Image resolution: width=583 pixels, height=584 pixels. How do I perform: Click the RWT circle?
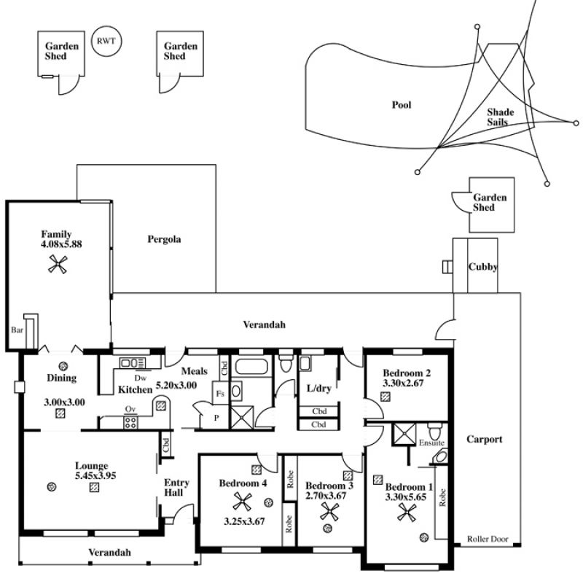(x=106, y=41)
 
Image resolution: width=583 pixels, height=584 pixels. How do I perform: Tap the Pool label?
(x=402, y=105)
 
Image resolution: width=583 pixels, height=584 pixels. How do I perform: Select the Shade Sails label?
(x=500, y=117)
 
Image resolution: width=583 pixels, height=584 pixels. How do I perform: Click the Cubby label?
(x=483, y=267)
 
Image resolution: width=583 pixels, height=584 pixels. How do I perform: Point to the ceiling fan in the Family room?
(x=58, y=264)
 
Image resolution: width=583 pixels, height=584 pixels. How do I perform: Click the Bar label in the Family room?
(x=17, y=330)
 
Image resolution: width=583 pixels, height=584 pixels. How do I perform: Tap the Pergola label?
(x=164, y=239)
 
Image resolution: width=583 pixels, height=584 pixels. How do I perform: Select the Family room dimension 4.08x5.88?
(x=61, y=244)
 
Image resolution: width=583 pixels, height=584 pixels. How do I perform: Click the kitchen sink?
(x=132, y=363)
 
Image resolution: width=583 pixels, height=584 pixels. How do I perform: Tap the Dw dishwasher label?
(x=141, y=378)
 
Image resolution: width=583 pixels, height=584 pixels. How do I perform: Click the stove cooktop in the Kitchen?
(x=130, y=422)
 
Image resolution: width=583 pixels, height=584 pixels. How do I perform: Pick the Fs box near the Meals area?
(x=220, y=393)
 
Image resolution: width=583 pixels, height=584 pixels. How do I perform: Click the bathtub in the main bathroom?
(x=251, y=367)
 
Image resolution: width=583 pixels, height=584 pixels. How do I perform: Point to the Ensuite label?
(x=431, y=443)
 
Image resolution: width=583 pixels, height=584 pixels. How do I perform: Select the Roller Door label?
(x=488, y=539)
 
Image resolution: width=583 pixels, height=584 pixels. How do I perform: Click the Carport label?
(x=485, y=440)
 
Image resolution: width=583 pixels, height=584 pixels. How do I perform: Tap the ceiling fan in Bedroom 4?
(x=243, y=502)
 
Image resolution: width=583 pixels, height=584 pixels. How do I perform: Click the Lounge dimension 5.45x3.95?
(x=95, y=475)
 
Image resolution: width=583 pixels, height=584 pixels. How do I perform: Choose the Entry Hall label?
(x=176, y=488)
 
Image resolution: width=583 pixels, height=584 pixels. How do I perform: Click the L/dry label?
(x=318, y=389)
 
